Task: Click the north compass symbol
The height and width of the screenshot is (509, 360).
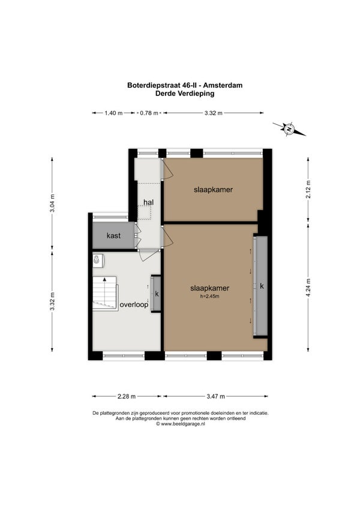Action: click(x=289, y=129)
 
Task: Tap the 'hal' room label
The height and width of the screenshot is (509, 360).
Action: click(x=149, y=202)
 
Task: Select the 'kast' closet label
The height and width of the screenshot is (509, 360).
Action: click(x=113, y=236)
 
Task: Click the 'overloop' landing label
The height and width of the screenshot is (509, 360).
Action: click(x=134, y=305)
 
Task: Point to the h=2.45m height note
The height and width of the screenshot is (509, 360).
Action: click(x=210, y=296)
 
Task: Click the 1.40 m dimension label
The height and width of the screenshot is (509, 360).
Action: click(x=113, y=113)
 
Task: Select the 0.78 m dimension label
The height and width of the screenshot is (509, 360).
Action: click(x=149, y=113)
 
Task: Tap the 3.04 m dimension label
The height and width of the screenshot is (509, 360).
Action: click(x=52, y=203)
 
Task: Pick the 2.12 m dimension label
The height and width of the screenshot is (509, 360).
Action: click(x=308, y=189)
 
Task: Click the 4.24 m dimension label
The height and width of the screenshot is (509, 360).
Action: click(x=308, y=288)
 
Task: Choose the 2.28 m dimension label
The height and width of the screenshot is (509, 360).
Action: click(x=127, y=396)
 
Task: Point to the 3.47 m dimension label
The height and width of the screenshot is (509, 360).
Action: click(x=216, y=396)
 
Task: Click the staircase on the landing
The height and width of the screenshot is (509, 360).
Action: click(x=105, y=294)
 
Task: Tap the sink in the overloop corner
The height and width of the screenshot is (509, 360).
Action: click(x=98, y=261)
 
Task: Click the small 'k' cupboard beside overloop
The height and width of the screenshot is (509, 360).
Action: click(x=157, y=294)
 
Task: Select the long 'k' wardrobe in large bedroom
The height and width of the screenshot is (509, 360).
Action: click(x=260, y=286)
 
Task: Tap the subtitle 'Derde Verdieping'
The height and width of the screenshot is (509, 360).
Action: click(x=185, y=94)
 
